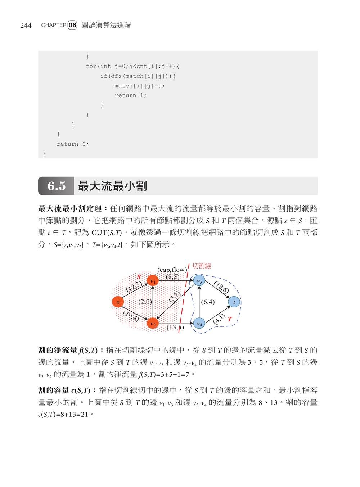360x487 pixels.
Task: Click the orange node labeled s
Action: click(118, 302)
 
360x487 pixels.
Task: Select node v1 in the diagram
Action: click(153, 281)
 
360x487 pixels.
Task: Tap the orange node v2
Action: click(153, 324)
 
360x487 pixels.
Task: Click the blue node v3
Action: click(199, 281)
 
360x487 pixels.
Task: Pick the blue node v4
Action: click(199, 324)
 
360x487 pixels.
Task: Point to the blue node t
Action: click(234, 302)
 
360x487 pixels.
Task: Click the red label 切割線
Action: click(202, 266)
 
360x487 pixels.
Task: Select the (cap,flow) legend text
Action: click(172, 270)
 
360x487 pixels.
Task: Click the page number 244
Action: click(26, 25)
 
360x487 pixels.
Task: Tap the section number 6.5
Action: click(57, 186)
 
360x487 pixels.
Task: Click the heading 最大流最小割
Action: click(112, 186)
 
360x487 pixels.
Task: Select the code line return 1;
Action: click(130, 95)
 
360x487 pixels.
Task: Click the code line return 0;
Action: click(72, 144)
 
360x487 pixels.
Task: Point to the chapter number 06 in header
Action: click(72, 25)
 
